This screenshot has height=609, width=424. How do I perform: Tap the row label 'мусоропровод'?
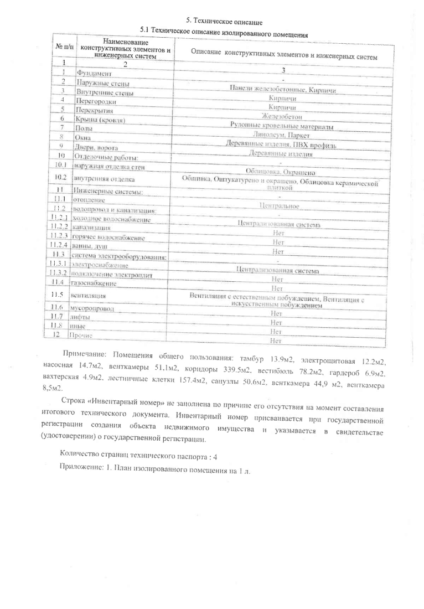[90, 308]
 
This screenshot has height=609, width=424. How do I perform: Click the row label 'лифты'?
[78, 317]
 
